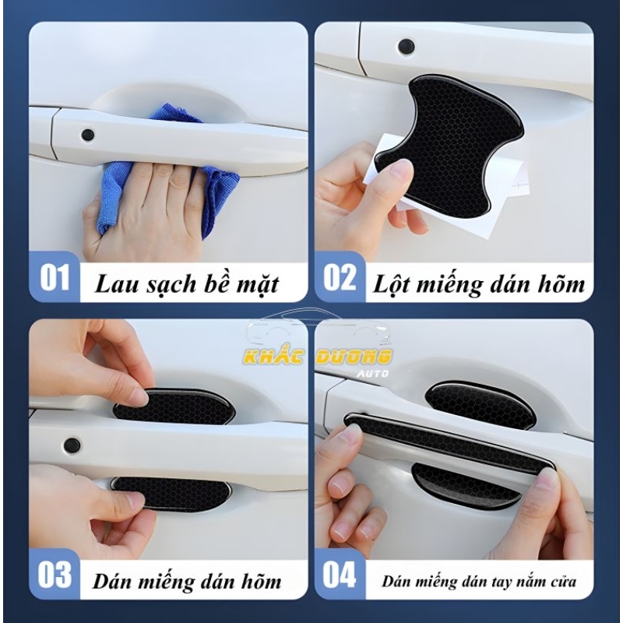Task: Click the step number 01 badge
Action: pos(55,277)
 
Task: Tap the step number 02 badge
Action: pos(339,277)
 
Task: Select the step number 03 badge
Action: pos(55,576)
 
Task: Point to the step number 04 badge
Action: pos(339,576)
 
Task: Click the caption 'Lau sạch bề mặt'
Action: pos(186,283)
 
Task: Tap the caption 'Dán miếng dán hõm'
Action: pos(187,581)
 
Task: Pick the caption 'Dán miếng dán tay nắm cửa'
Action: pos(479,581)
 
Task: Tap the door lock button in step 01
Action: pos(87,134)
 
